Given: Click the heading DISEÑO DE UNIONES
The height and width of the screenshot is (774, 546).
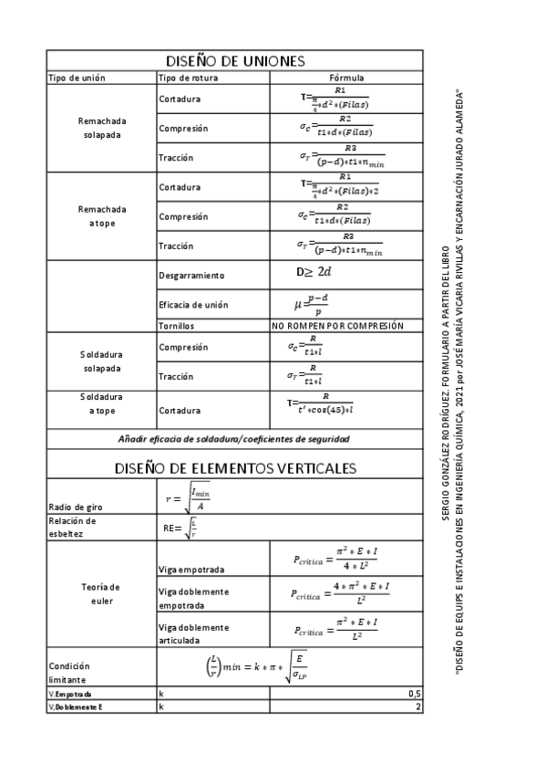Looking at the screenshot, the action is click(x=234, y=61).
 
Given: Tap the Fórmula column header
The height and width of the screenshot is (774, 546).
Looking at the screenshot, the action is click(x=345, y=78).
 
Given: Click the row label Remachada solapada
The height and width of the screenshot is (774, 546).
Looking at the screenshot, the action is click(x=102, y=128).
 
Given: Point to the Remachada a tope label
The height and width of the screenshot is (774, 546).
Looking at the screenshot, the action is click(x=102, y=216).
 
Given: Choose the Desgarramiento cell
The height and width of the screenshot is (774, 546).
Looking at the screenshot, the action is click(x=191, y=275).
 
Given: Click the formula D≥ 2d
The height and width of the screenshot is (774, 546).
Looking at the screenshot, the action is click(x=313, y=273).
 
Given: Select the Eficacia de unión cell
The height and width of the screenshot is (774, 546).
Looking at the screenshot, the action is click(x=193, y=304).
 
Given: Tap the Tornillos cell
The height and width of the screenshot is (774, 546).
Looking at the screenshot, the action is click(x=176, y=325).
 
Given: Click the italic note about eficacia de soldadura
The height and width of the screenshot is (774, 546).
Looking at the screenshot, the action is click(x=234, y=439).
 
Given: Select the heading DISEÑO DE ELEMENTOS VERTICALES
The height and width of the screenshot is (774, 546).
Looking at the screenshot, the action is click(x=234, y=468).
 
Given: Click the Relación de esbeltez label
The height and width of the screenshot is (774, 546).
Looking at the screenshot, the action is click(x=72, y=527).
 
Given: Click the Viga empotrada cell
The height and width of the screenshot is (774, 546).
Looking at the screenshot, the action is click(x=191, y=570).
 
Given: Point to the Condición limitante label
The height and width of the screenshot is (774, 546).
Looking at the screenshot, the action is click(x=69, y=673).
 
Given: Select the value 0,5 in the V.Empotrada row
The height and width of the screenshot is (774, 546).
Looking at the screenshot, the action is click(x=414, y=695).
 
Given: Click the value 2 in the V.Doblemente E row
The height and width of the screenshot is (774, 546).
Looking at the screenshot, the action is click(x=417, y=707).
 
